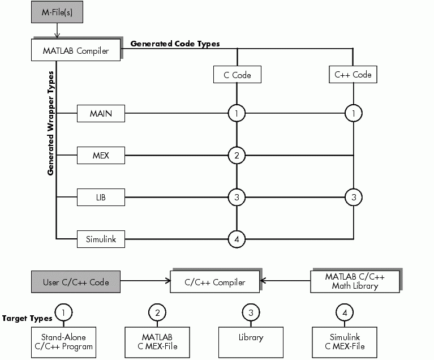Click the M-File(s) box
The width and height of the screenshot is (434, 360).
tap(57, 12)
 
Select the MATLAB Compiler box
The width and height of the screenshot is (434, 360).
tap(76, 50)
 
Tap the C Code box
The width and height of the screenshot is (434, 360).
tap(237, 74)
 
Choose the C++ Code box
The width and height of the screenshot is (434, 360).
tap(353, 74)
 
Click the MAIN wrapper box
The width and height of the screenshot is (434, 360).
tap(101, 114)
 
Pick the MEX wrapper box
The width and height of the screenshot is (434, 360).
tap(101, 155)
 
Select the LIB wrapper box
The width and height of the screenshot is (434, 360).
tap(101, 198)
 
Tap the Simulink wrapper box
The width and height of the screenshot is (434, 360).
tap(101, 239)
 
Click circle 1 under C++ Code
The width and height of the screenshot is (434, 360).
tap(354, 114)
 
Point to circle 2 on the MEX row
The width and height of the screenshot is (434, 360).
tap(237, 155)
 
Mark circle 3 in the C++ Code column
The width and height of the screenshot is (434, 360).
tap(354, 198)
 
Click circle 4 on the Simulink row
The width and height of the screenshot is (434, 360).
tap(237, 239)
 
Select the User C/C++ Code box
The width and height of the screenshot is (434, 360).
tap(76, 281)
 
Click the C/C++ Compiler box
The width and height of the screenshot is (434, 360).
tap(215, 281)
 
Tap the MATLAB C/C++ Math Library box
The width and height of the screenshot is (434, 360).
tap(355, 281)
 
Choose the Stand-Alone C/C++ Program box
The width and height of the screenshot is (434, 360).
tap(63, 342)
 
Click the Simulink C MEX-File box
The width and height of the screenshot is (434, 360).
tap(345, 342)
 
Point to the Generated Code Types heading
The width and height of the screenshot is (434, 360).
tap(175, 44)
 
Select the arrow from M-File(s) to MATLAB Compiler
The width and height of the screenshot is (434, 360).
tap(57, 31)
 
